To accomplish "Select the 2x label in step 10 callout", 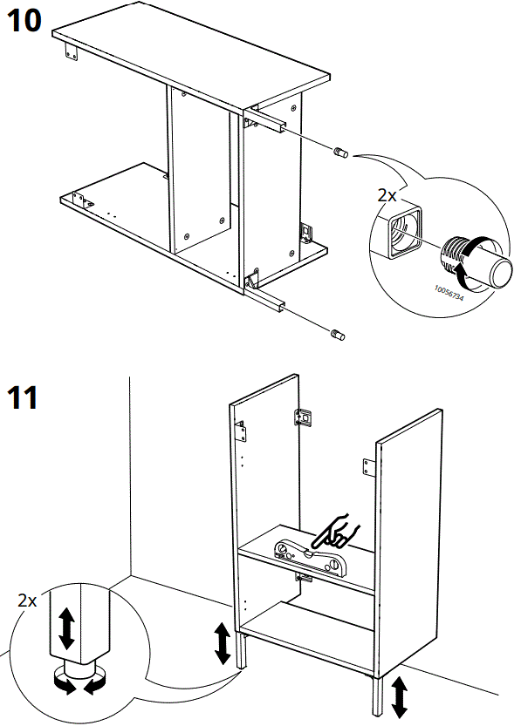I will (x=387, y=196).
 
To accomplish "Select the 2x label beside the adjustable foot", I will (x=28, y=600).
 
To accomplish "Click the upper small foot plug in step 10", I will (x=340, y=153).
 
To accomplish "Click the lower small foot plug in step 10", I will (x=339, y=334).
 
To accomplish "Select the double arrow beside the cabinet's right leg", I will (x=400, y=695).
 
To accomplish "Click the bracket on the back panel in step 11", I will (x=304, y=417).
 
